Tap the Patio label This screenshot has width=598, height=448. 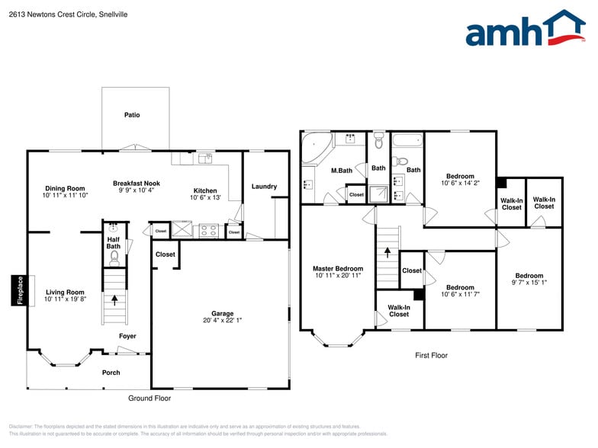(132, 115)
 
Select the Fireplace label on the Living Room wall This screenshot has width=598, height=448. (21, 290)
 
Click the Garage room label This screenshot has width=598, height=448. (222, 313)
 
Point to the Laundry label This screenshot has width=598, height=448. (264, 187)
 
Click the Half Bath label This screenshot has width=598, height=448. (113, 242)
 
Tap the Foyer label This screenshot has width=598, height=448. (127, 336)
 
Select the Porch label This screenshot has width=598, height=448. (111, 373)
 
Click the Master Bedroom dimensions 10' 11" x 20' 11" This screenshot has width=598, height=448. (338, 276)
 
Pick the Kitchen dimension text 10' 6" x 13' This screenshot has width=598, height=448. (205, 197)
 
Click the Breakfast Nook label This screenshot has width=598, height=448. (137, 183)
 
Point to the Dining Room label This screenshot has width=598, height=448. (65, 188)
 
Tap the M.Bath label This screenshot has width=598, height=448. (341, 171)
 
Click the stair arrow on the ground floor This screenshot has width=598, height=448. (115, 300)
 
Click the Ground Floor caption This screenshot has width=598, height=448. (149, 398)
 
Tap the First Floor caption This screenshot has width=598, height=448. (431, 355)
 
